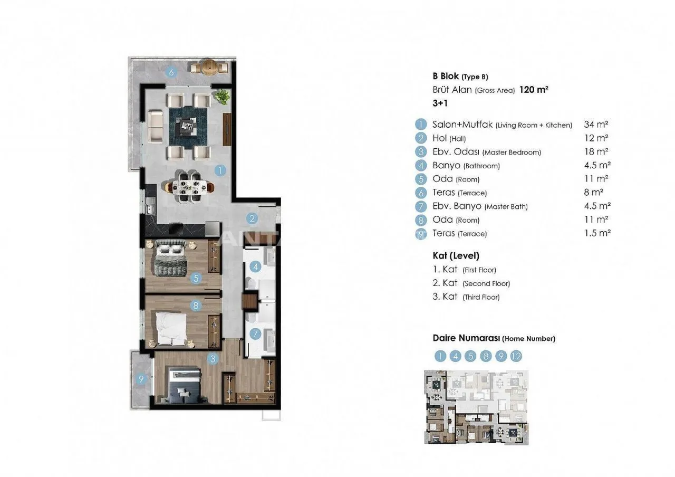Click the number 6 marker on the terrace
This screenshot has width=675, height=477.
[171, 72]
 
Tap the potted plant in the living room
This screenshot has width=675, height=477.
[222, 97]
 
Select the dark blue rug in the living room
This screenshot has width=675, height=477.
[188, 127]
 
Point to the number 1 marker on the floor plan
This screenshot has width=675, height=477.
[220, 170]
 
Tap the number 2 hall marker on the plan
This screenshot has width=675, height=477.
[252, 218]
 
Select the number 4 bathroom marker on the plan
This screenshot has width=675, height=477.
[256, 266]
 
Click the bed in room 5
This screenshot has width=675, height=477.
[170, 258]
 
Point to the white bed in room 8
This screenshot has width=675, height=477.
[170, 328]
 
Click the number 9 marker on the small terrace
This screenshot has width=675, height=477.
[141, 379]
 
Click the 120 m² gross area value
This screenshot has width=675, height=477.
[534, 90]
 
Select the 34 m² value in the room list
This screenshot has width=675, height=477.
[596, 124]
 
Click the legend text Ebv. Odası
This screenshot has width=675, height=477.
[456, 151]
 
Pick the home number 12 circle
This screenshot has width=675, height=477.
[516, 356]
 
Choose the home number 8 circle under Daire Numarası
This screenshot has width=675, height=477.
[486, 356]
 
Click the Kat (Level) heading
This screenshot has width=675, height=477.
[456, 256]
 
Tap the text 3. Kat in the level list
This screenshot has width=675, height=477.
[445, 297]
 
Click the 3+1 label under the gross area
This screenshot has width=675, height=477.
[440, 103]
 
